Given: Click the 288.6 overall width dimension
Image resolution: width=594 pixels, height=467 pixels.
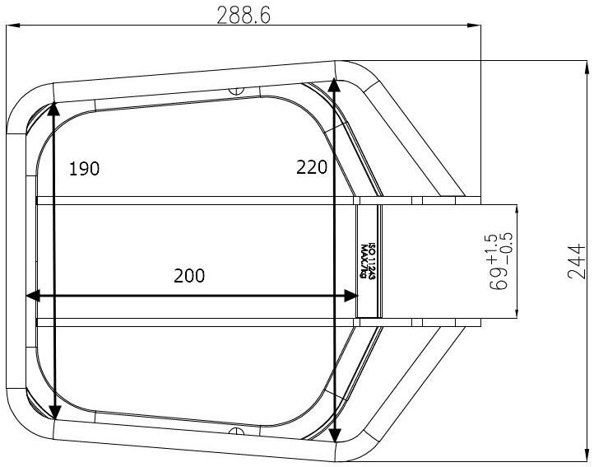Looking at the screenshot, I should pos(244,16).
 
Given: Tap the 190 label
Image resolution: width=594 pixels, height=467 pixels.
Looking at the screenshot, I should pos(84,169).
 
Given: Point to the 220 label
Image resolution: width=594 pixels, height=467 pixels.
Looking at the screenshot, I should pos(312,167).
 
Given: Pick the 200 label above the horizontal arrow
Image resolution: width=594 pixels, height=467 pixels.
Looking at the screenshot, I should pos(189,277).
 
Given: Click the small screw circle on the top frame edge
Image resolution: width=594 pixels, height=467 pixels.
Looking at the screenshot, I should pos(237,89).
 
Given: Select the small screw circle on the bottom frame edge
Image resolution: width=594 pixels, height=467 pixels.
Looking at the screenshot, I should pos(237,431).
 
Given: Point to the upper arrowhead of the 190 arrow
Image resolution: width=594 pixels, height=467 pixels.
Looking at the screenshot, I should pos(53,108).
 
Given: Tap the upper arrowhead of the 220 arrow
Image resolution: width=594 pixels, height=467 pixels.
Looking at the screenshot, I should pos(334,83).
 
